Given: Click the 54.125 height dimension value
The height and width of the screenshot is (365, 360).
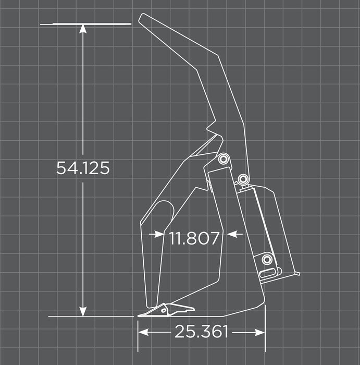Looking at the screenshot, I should coord(83,168).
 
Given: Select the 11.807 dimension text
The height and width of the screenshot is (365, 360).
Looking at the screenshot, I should coord(193,238).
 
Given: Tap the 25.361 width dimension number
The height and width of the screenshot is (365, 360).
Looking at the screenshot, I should coord(201,332).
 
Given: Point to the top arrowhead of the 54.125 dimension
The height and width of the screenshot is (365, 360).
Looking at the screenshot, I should coord(83,28).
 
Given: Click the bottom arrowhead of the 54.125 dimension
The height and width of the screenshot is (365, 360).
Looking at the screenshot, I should coord(83,311).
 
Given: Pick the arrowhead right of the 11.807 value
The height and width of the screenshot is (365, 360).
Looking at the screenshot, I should coord(232,235).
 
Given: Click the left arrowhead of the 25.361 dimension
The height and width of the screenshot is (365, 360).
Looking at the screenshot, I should coord(143,332).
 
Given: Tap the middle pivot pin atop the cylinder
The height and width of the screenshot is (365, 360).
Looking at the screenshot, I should coord(243,179).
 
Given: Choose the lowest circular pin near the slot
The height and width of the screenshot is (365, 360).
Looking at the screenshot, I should coord(267,259).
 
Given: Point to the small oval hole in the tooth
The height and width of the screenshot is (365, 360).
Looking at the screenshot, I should coord(164,311).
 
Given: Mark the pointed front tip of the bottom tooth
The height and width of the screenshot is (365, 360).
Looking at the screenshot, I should coord(139,315).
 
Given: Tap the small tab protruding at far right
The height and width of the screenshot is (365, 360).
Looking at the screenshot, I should coord(297,273).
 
